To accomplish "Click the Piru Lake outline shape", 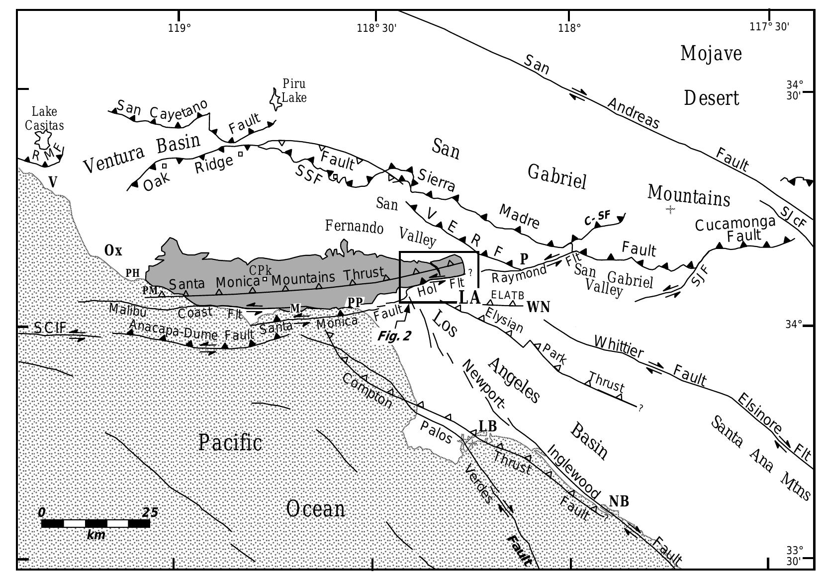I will [275, 99].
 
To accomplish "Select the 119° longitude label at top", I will [180, 27].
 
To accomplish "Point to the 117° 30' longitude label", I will [769, 27].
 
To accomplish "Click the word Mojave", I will [711, 53].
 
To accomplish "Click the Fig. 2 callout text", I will [394, 336].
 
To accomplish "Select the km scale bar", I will [95, 523].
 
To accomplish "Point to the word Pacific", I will [230, 442].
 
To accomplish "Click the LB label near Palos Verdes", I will [487, 426].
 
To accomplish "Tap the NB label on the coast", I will [619, 501].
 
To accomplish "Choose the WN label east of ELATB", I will [538, 307].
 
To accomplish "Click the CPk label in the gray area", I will [261, 270].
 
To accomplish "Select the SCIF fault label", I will [51, 328].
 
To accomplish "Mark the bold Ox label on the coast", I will [113, 250].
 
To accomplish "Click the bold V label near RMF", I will [53, 182].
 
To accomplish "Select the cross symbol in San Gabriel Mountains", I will [670, 210].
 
